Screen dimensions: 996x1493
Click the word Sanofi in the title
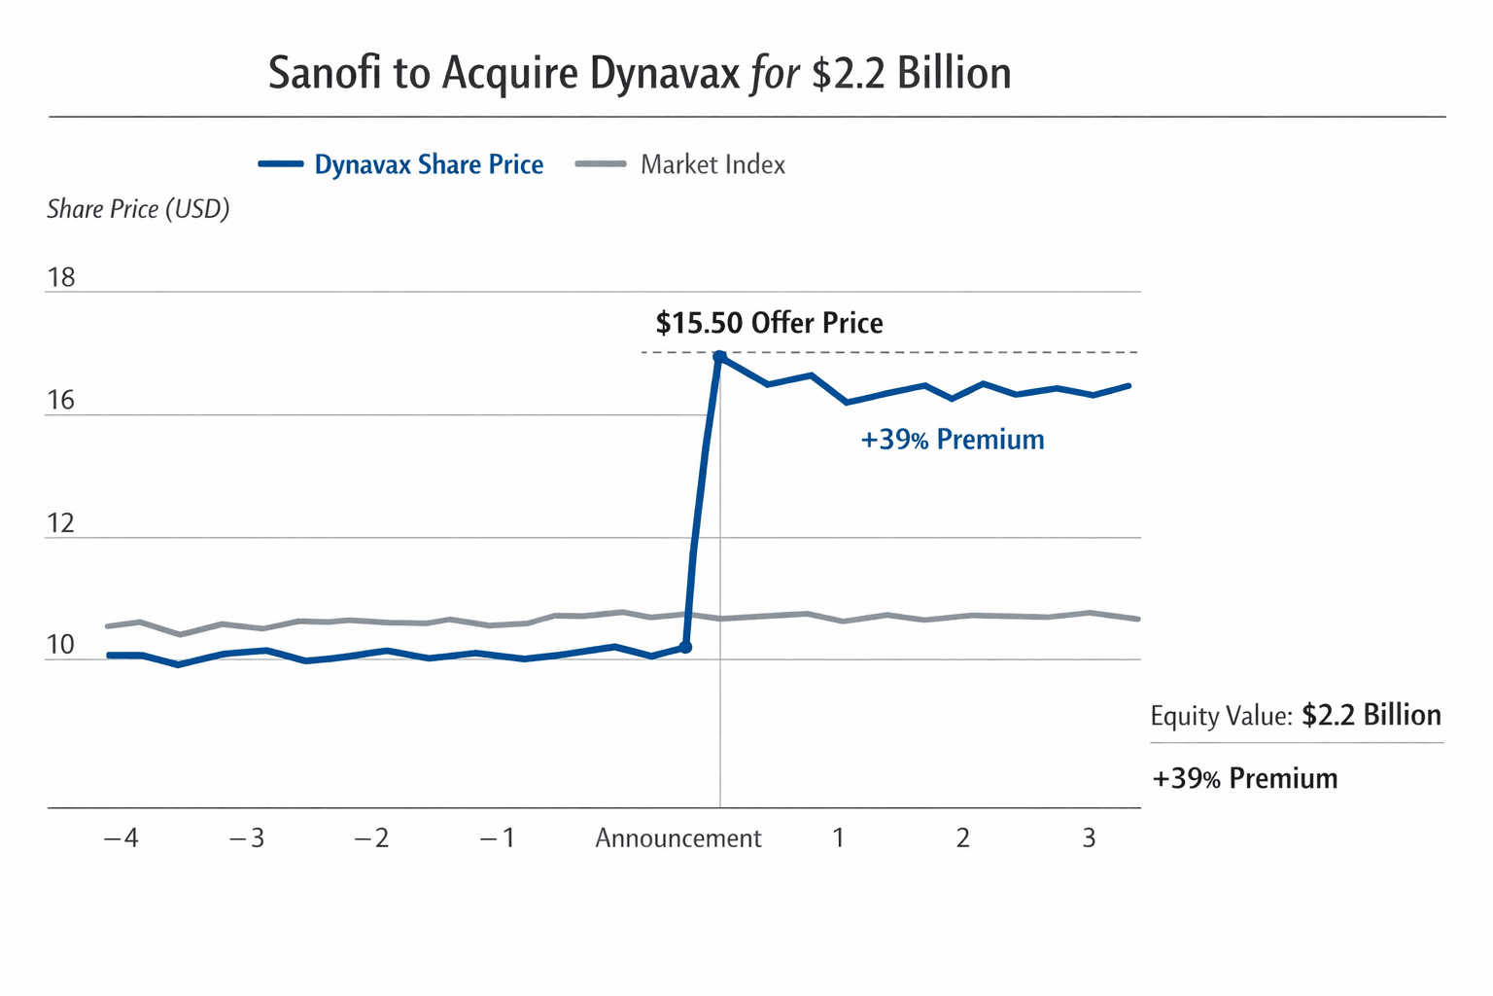[325, 74]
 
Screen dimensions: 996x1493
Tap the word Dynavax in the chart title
[665, 74]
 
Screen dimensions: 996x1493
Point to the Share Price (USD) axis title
[138, 209]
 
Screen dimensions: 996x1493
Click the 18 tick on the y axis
[61, 278]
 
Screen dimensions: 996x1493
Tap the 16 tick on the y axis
[60, 401]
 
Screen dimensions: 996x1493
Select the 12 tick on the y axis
[60, 524]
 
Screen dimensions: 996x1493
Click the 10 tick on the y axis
[60, 645]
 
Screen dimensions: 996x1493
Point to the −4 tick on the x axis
[122, 838]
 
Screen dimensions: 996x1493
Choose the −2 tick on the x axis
[371, 838]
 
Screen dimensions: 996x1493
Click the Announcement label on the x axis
[677, 838]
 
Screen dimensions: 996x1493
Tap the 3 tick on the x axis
[1089, 838]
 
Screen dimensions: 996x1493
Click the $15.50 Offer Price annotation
[769, 323]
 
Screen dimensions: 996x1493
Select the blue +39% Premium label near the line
[952, 440]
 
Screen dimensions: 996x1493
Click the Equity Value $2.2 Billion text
[1295, 716]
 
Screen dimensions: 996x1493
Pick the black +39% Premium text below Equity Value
[1244, 779]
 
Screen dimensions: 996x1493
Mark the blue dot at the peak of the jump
[719, 357]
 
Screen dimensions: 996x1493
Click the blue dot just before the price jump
[685, 647]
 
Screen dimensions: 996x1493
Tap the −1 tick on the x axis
[498, 838]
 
